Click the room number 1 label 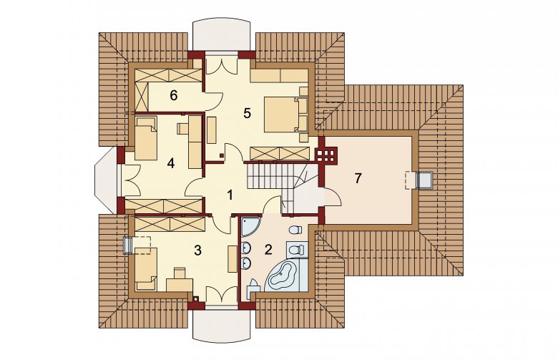[230, 195]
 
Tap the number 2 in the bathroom [268, 249]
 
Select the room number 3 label [198, 250]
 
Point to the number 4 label [171, 163]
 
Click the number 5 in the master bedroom [247, 113]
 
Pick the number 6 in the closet [174, 95]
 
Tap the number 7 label [358, 178]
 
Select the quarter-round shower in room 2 [250, 226]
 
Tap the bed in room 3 [146, 269]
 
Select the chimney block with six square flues [325, 155]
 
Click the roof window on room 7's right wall [424, 179]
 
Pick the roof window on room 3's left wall [128, 245]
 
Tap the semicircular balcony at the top [222, 36]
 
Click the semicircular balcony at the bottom [222, 324]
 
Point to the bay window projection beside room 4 [106, 181]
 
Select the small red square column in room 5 [221, 155]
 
